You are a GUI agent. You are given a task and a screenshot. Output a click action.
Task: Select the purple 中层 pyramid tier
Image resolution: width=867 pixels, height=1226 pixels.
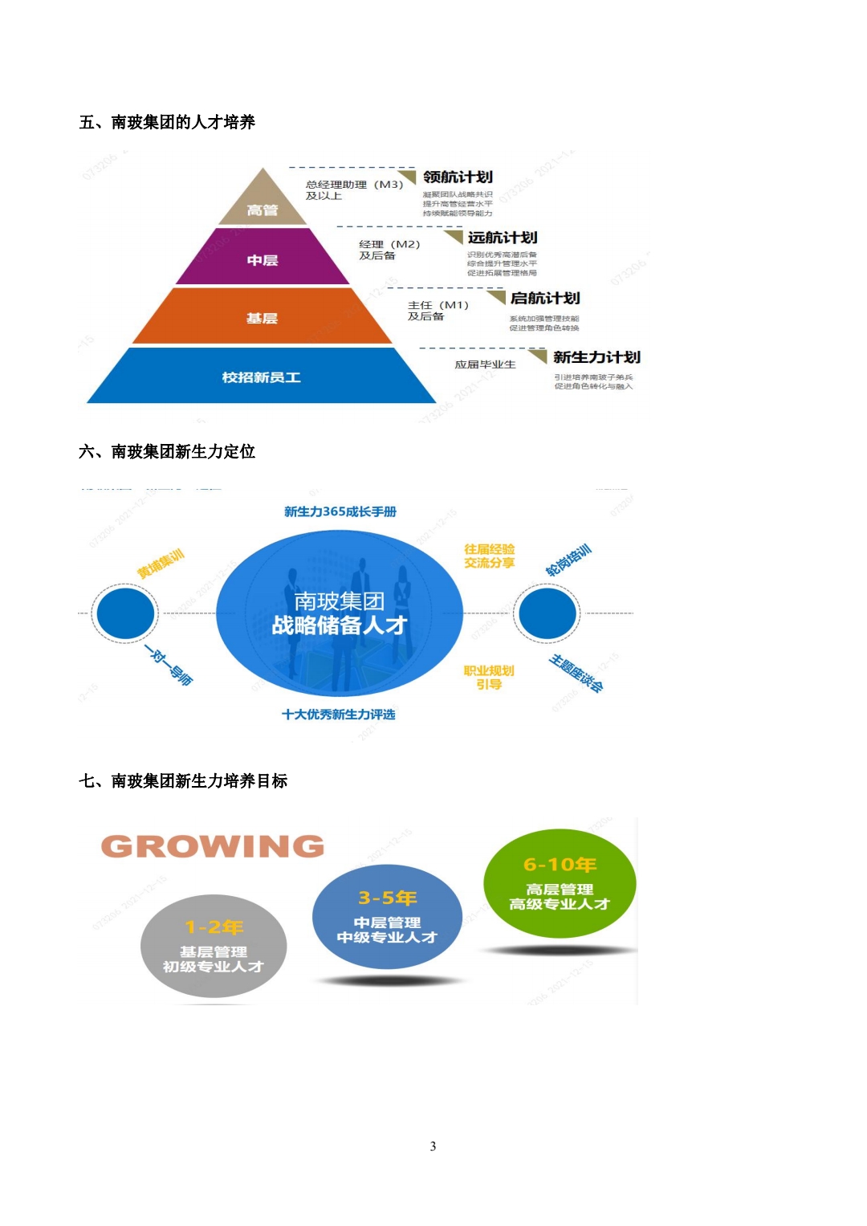[x=263, y=259]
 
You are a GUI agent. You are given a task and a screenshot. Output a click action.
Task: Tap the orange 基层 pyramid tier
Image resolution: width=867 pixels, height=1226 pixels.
[x=262, y=318]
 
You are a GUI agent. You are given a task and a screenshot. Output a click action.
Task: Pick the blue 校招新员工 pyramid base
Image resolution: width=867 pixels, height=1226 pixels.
[x=262, y=377]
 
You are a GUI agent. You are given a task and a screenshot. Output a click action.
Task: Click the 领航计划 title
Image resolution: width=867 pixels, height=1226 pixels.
[x=458, y=177]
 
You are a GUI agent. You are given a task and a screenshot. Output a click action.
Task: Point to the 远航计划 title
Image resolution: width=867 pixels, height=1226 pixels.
[x=503, y=238]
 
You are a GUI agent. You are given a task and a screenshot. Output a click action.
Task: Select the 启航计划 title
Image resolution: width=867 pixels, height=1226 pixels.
[x=545, y=298]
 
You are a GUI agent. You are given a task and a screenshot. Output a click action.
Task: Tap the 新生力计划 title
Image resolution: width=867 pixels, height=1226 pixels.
[x=596, y=357]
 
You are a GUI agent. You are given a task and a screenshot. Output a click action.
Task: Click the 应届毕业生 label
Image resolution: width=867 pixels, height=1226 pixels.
[x=485, y=365]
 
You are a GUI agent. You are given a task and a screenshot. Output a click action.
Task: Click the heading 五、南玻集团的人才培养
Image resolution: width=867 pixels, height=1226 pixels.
[x=167, y=122]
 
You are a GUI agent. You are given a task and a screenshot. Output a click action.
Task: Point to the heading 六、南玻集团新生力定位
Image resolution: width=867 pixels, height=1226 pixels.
[x=167, y=451]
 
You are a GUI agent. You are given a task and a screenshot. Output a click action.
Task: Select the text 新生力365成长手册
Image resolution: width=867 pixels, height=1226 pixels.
[x=340, y=511]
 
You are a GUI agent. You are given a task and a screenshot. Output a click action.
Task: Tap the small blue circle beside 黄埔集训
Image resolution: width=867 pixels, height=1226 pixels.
[x=124, y=613]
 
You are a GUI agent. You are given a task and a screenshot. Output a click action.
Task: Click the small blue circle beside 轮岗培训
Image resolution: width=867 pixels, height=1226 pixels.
[x=547, y=613]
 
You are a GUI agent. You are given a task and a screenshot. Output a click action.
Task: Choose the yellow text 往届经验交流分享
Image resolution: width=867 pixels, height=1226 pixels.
[x=489, y=556]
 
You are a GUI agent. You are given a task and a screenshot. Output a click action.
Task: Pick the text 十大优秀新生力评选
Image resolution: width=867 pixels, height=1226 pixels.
[x=338, y=714]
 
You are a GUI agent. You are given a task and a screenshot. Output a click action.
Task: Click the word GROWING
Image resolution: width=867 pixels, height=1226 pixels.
[x=213, y=846]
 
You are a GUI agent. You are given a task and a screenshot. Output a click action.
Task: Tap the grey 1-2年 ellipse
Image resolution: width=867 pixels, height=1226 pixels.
[x=214, y=946]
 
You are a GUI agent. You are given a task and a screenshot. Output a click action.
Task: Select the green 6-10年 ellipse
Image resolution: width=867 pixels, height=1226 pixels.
[x=560, y=883]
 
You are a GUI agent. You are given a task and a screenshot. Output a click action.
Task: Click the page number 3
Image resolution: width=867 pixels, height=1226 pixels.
[x=433, y=1146]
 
